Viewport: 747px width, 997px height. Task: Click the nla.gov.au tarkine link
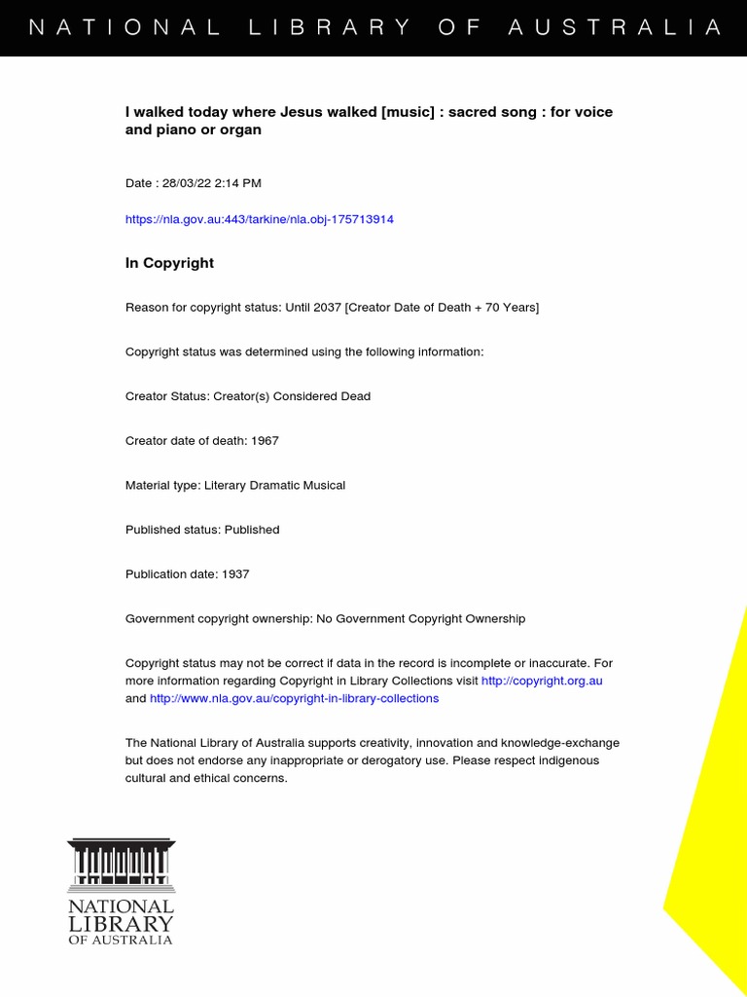(x=260, y=219)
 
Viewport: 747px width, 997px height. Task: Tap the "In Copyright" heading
(x=169, y=263)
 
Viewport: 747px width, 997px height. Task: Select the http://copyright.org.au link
(x=542, y=681)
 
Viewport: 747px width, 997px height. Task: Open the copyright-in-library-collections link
(x=295, y=698)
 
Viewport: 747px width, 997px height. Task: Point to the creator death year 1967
(x=265, y=441)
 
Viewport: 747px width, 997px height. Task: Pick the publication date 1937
(x=235, y=574)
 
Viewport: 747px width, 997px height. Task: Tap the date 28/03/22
(x=183, y=183)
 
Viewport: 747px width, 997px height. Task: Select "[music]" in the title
(x=408, y=112)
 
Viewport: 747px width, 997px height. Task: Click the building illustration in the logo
(x=121, y=865)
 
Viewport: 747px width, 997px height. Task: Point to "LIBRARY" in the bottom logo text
(x=121, y=923)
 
